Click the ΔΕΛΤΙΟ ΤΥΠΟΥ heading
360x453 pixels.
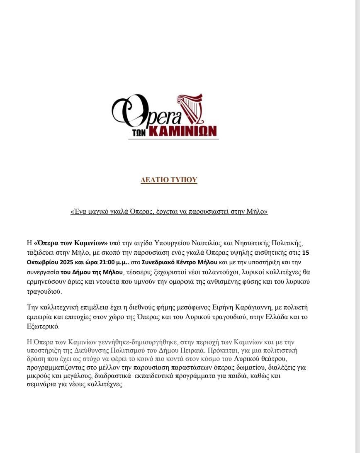click(169, 180)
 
